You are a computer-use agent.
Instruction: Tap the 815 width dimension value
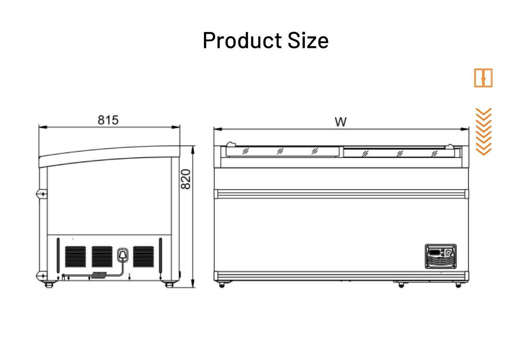click(108, 120)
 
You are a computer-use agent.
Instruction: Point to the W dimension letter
click(340, 122)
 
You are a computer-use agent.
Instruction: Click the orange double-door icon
click(483, 78)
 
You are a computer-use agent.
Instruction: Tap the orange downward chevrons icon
click(483, 132)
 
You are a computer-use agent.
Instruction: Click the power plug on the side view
click(123, 255)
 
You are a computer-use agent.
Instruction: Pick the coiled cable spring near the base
click(100, 276)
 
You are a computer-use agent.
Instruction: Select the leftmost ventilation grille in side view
click(76, 256)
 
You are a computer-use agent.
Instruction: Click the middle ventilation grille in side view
click(102, 256)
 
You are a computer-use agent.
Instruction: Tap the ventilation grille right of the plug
click(143, 256)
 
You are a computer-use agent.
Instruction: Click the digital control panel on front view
click(440, 256)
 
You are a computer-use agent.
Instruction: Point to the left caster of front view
click(221, 284)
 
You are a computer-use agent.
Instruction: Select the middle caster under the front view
click(401, 284)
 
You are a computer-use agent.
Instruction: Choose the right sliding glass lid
click(399, 152)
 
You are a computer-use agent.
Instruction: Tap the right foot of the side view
click(169, 283)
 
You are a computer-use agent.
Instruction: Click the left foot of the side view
click(49, 283)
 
